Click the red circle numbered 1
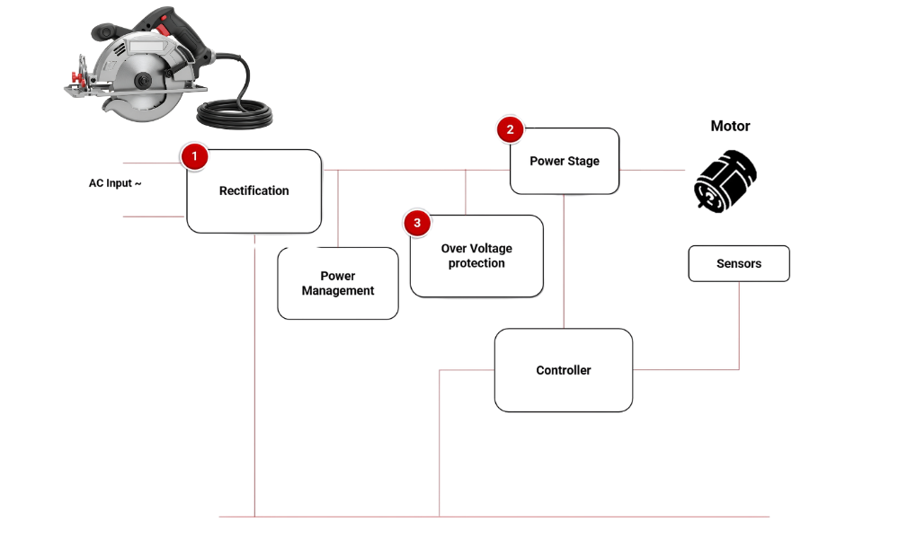[194, 155]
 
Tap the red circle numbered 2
[511, 128]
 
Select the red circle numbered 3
[417, 224]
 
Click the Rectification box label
[254, 190]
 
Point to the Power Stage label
[564, 161]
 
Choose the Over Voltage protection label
[476, 256]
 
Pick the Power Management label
[337, 283]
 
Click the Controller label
[564, 370]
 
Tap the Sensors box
[739, 264]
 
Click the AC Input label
[115, 184]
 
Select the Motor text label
[730, 128]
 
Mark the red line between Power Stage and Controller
[564, 261]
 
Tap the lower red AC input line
[153, 216]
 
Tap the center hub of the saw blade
[141, 82]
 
